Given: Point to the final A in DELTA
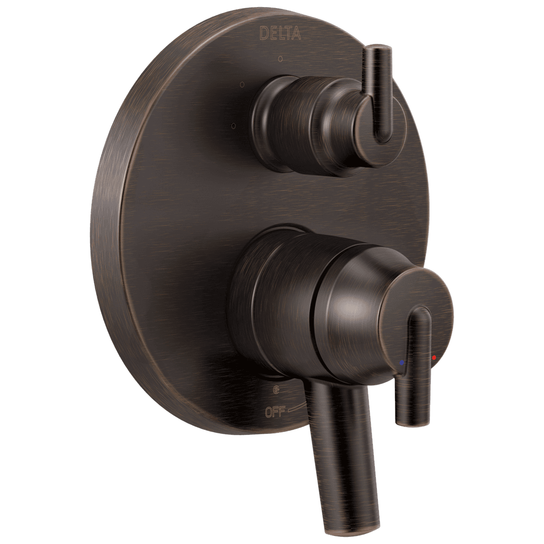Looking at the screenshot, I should pos(299,34).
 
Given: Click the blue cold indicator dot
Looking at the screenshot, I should pos(401,363).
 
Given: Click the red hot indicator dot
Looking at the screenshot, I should pos(434,357).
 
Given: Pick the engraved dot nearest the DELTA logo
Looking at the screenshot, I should pos(280,59).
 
